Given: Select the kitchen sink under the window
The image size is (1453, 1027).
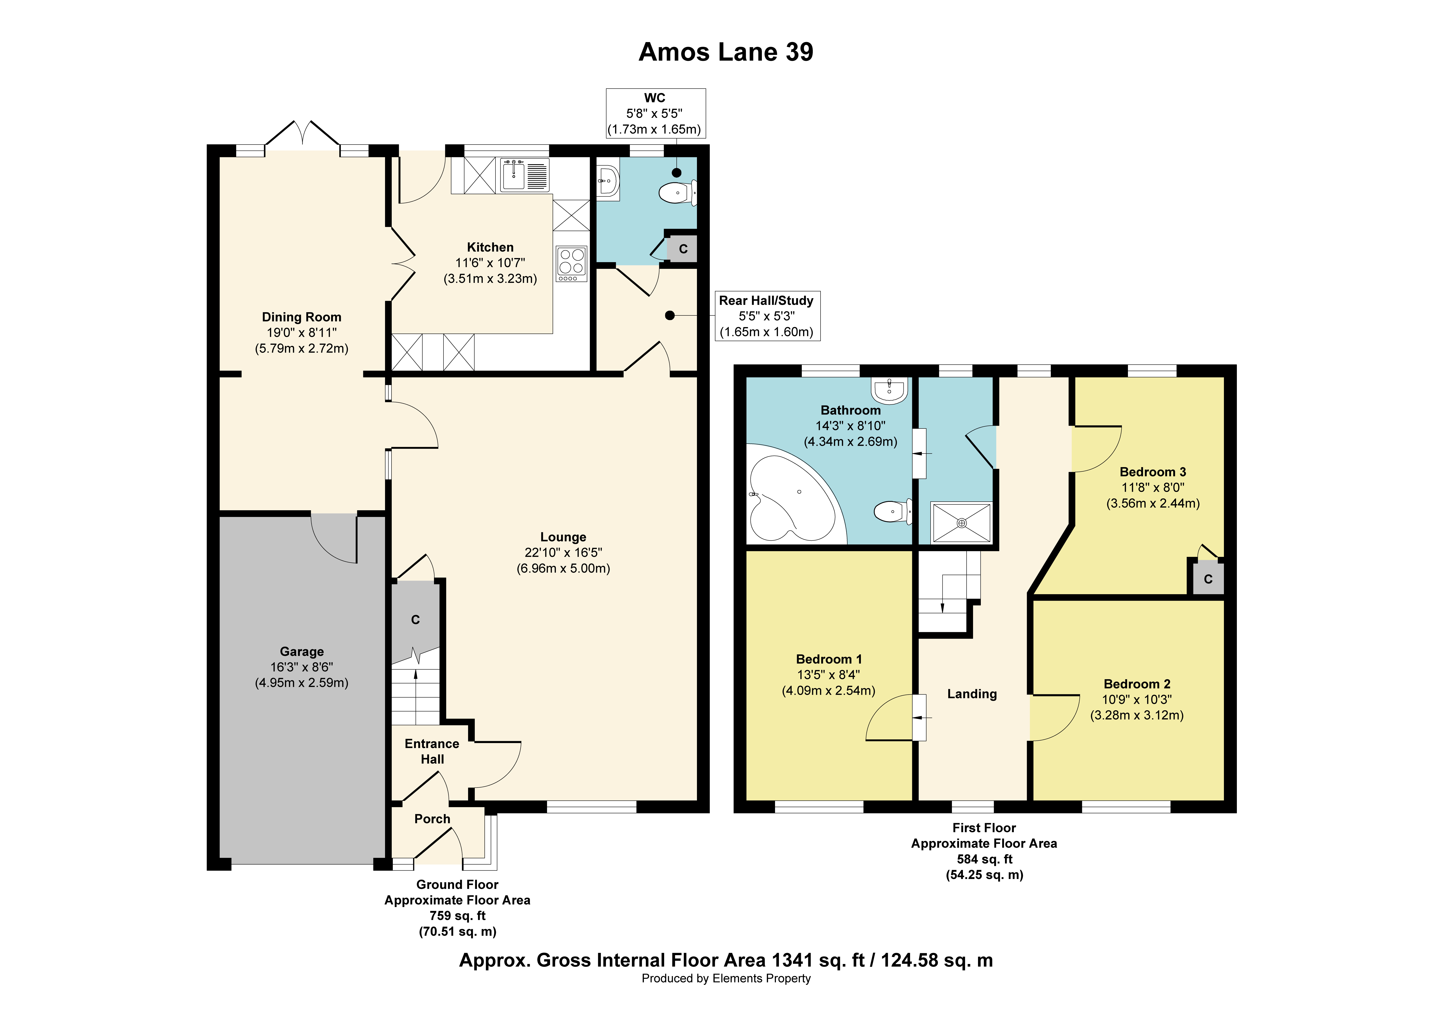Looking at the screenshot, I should click(x=525, y=175).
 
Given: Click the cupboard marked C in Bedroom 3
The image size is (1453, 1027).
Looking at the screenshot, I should click(x=1208, y=579).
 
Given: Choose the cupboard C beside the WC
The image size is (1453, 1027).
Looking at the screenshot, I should click(x=683, y=249).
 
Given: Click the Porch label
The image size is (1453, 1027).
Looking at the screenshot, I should click(x=432, y=819).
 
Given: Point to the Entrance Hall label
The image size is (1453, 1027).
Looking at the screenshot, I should click(x=432, y=751).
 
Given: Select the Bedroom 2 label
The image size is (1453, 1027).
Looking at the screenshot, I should click(x=1137, y=684).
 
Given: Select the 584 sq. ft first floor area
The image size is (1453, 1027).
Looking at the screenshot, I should click(x=984, y=859).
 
